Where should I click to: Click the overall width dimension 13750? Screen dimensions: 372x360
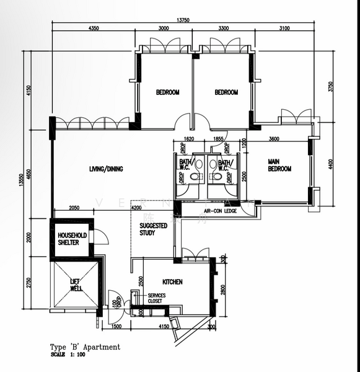183,20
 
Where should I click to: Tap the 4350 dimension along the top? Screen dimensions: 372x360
94,29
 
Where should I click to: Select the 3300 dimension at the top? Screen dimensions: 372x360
223,29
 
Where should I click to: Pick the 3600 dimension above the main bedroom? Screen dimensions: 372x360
274,139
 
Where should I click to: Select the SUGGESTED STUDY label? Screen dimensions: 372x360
153,229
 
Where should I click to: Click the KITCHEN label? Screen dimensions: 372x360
172,281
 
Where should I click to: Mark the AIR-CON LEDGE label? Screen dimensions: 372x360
222,211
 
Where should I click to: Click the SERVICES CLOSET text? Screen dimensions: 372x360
157,298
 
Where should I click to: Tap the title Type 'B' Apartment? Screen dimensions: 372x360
85,348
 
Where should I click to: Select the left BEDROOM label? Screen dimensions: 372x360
167,92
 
